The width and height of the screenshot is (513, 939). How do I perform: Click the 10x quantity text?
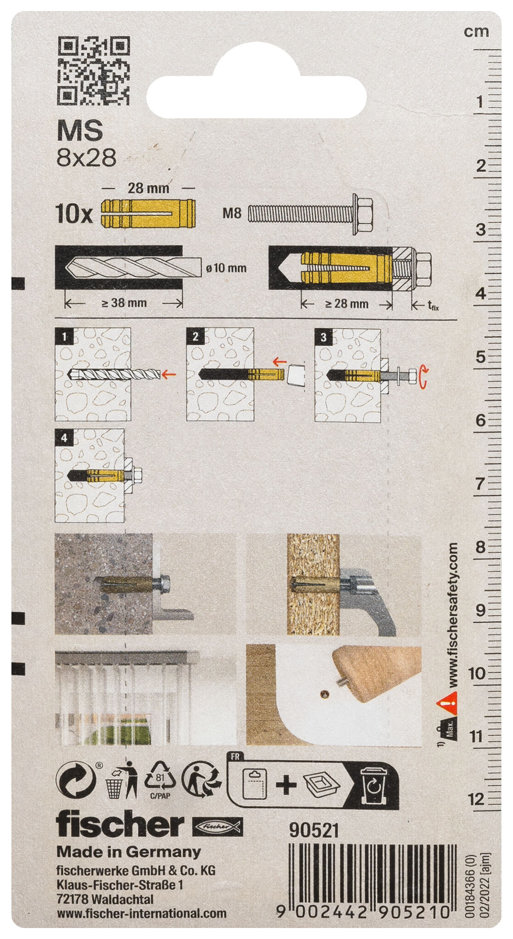coord(74,214)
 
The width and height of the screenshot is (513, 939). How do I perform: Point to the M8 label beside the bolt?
coord(232,213)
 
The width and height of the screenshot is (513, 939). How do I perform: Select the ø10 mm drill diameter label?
coord(226,268)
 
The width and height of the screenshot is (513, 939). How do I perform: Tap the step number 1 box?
coord(64,337)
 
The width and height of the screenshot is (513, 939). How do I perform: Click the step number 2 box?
coord(195,337)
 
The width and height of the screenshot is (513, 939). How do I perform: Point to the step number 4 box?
coord(64,438)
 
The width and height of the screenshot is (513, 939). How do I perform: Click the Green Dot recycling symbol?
coord(76,780)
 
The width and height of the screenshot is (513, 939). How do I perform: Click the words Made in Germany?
coord(128,852)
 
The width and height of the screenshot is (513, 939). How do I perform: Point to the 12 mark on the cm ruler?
coord(477,799)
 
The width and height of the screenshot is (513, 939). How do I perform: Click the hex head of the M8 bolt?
coord(362,213)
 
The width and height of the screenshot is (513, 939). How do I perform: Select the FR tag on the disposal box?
coord(235,756)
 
